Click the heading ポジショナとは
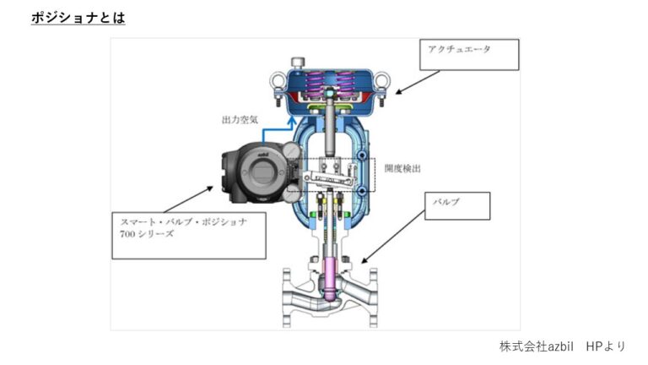click(x=78, y=17)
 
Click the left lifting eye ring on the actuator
click(x=273, y=84)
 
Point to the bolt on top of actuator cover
click(x=298, y=62)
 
